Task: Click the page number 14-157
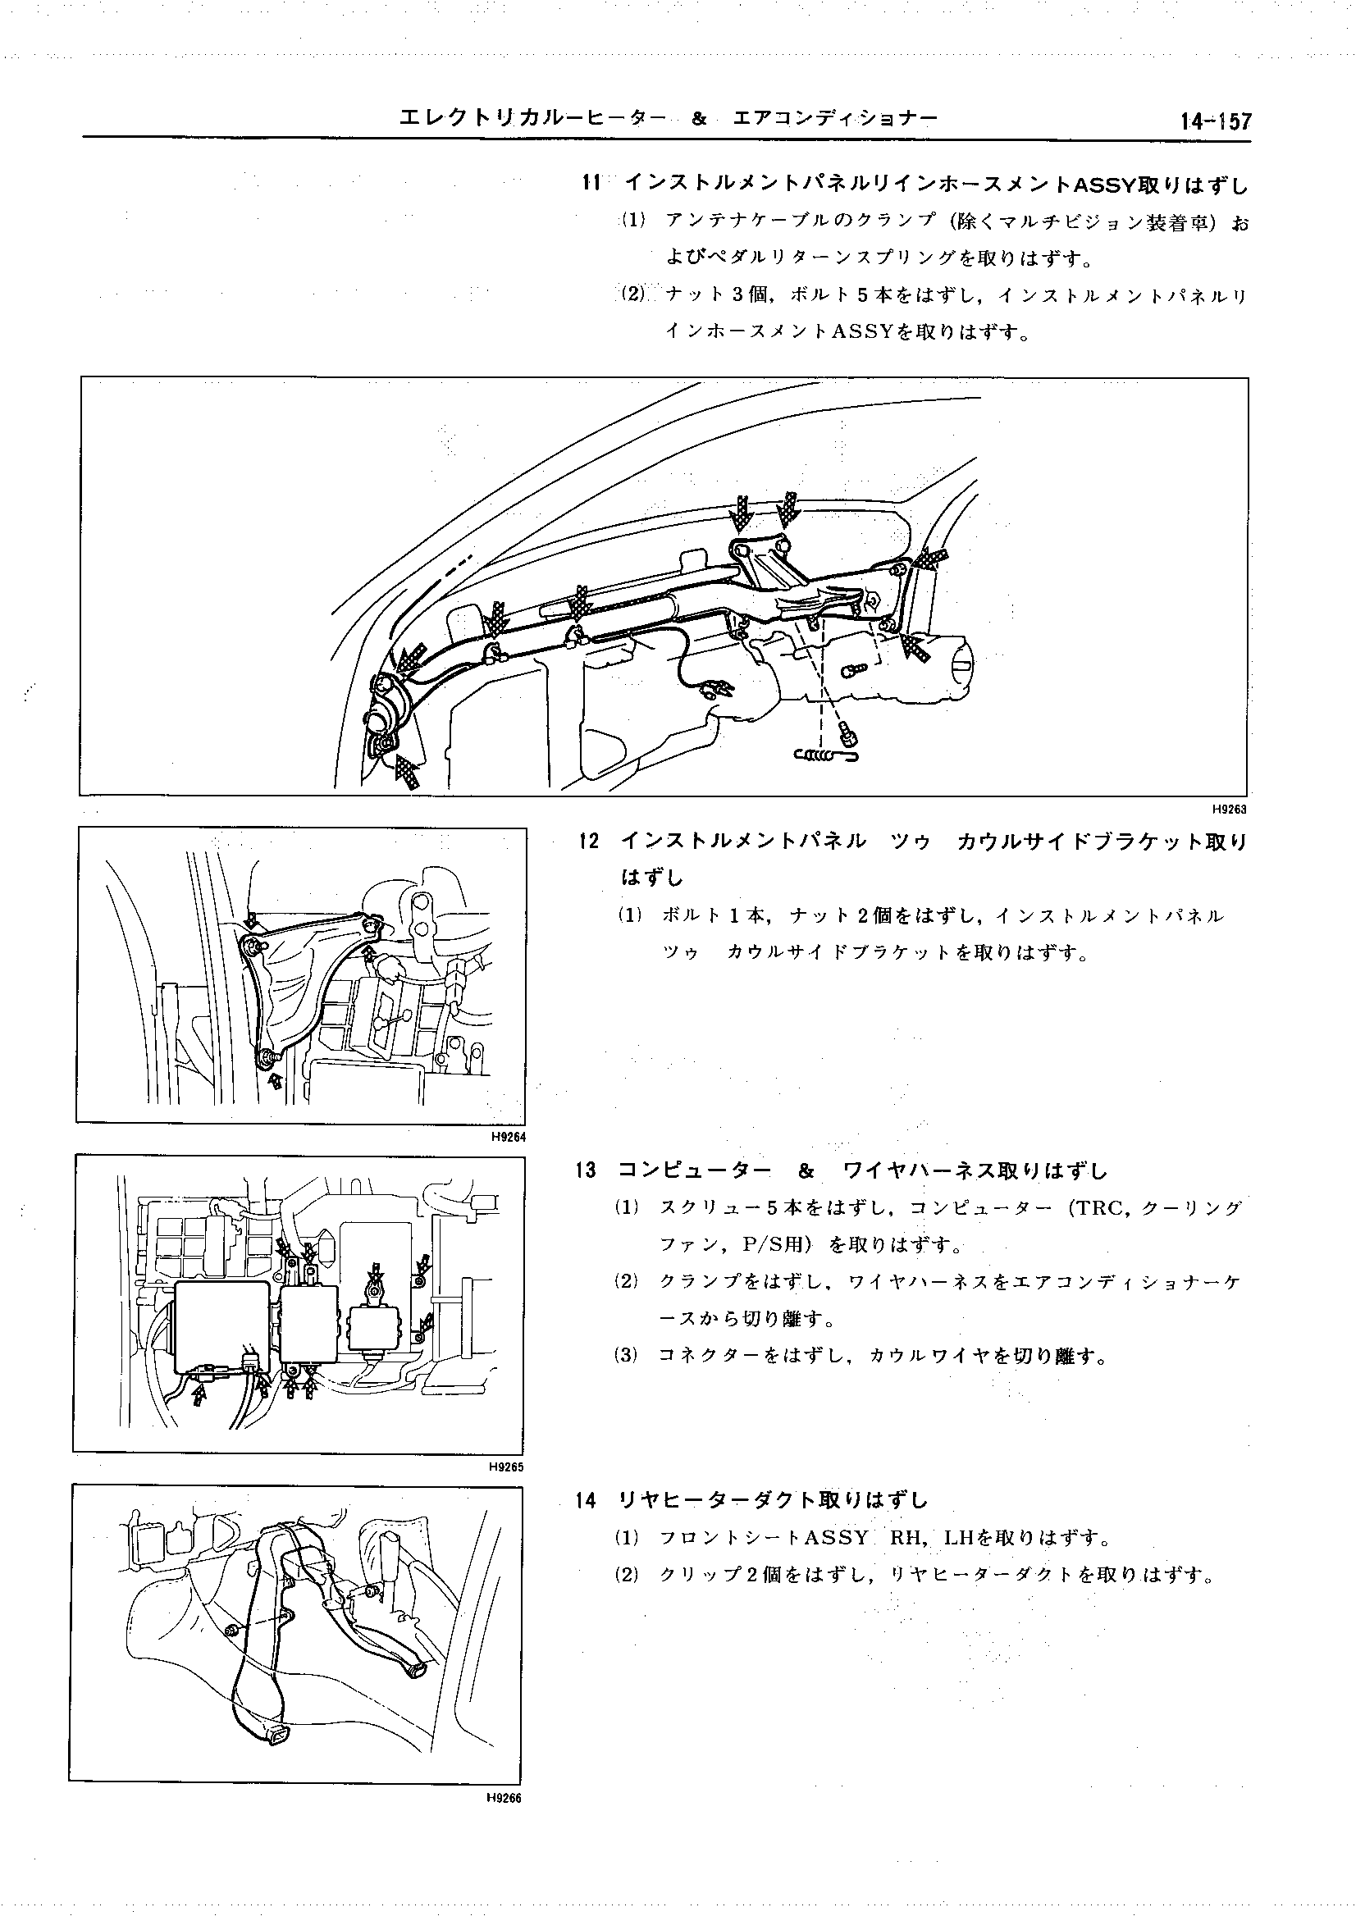pos(1216,122)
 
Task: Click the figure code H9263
pos(1229,810)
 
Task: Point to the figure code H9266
pos(505,1800)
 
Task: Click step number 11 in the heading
pos(591,182)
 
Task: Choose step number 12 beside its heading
pos(589,842)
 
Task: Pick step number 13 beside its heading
pos(587,1170)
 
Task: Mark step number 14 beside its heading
pos(586,1500)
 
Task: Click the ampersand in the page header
pos(697,119)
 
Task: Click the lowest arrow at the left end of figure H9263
pos(407,772)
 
